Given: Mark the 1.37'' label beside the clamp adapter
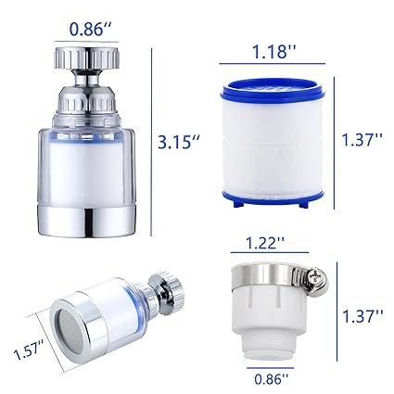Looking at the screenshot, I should tap(362, 316).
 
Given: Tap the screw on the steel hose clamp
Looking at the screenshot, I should tap(318, 276).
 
